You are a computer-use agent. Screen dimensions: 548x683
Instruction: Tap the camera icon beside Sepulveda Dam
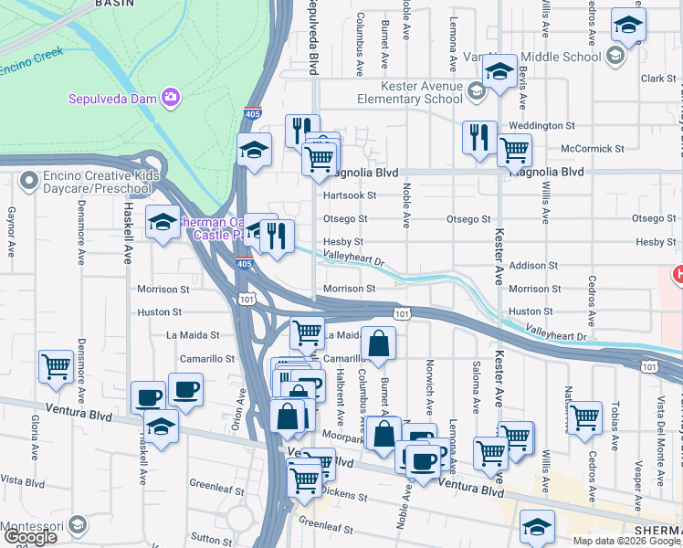click(170, 97)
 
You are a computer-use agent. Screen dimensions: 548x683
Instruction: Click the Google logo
click(30, 537)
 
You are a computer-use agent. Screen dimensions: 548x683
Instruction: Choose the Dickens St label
click(345, 498)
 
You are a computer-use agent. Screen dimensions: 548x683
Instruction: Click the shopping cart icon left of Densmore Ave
click(56, 367)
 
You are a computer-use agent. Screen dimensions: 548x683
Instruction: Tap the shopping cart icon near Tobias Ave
click(584, 417)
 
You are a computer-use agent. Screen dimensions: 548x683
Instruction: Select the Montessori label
click(35, 527)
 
